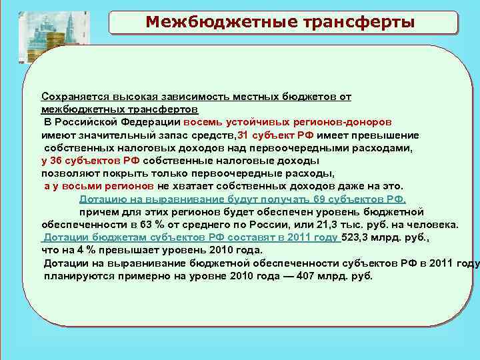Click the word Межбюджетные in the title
pyautogui.click(x=212, y=22)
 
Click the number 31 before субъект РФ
pyautogui.click(x=243, y=135)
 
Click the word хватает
pyautogui.click(x=202, y=186)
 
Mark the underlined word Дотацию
pyautogui.click(x=101, y=199)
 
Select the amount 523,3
pyautogui.click(x=355, y=237)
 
